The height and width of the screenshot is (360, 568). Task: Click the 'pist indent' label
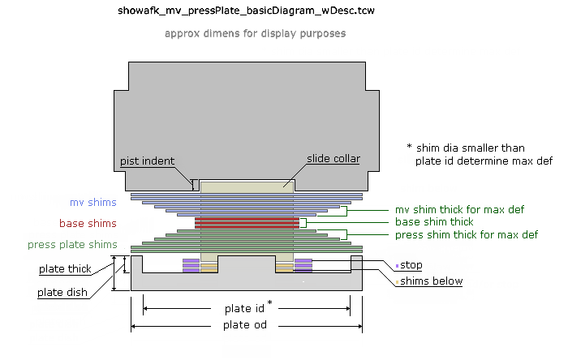point(148,161)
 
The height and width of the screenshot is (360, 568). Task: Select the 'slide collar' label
point(333,158)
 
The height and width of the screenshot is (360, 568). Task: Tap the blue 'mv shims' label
point(93,202)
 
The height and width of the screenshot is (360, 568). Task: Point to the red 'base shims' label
point(88,223)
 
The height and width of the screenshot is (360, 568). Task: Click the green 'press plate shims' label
point(72,244)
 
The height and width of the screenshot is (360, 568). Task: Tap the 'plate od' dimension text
point(245,325)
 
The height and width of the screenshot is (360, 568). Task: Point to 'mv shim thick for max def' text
point(459,209)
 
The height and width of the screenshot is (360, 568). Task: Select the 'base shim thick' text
point(433,221)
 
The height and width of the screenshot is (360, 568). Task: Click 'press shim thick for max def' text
point(466,234)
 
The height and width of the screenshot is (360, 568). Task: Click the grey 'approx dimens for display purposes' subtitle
point(255,34)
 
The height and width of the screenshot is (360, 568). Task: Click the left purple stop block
point(191,265)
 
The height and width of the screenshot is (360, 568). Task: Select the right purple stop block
point(303,265)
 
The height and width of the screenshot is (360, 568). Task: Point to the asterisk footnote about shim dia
point(479,154)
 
